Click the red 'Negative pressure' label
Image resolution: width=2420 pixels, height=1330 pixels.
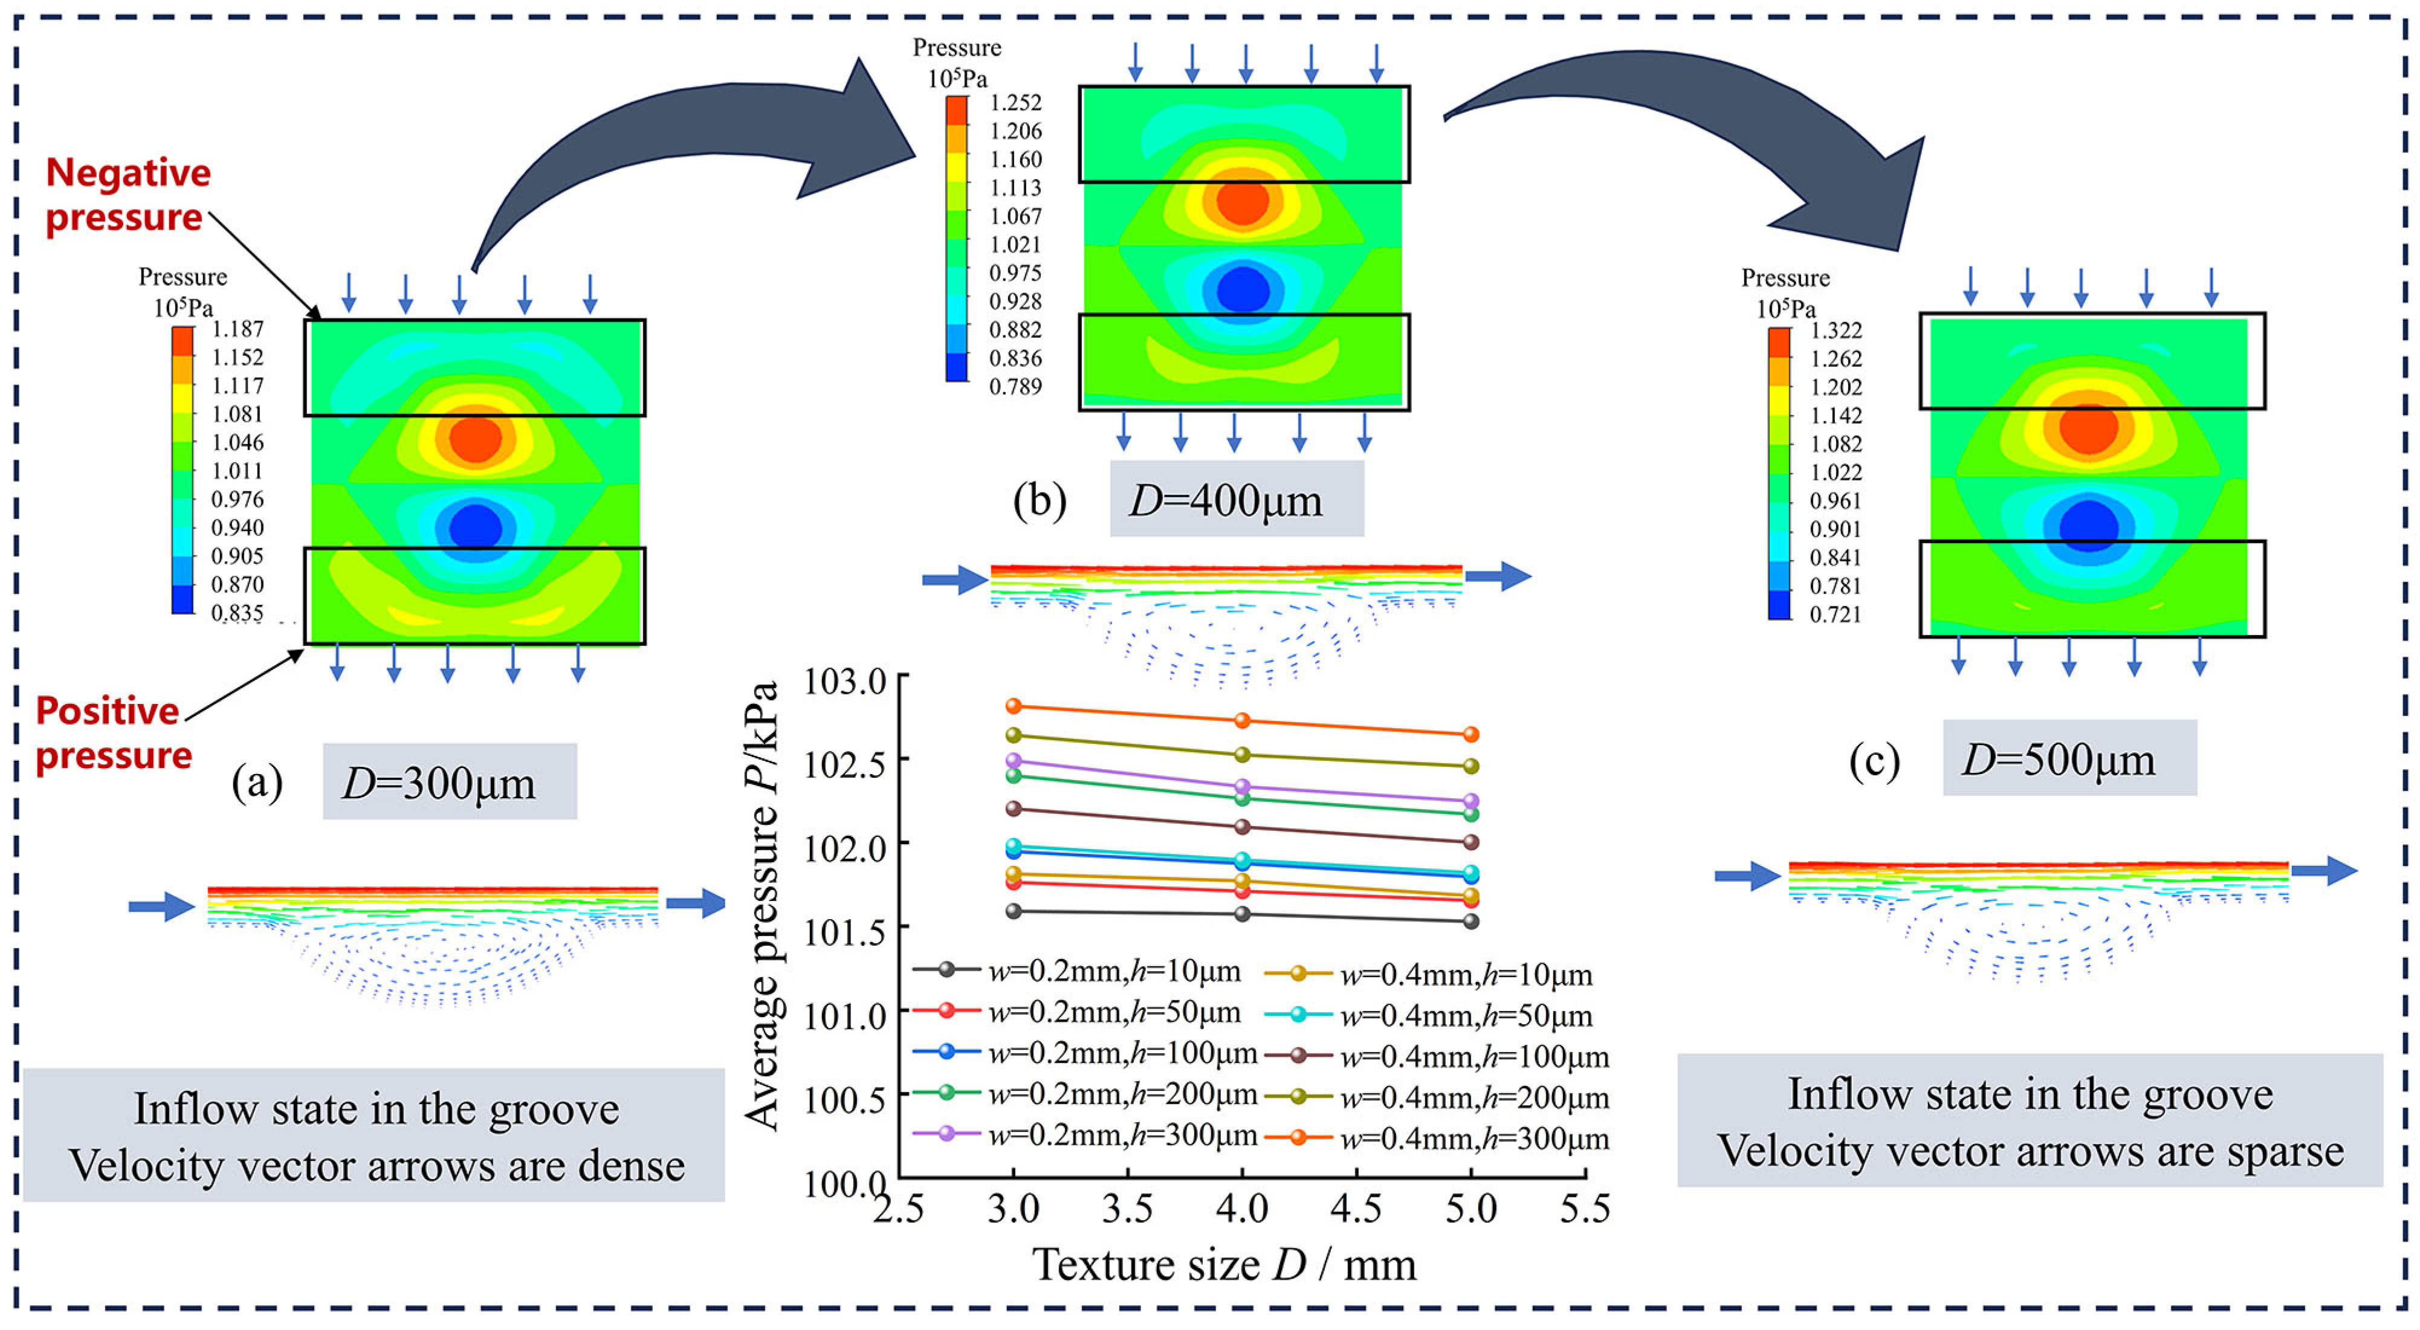127,195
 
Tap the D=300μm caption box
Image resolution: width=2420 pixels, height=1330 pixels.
449,781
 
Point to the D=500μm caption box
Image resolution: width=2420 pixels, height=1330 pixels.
2069,758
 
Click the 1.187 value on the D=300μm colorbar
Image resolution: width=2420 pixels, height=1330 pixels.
237,329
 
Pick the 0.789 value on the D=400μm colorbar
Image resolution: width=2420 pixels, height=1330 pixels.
1015,386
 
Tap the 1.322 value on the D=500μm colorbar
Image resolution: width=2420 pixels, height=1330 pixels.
1835,331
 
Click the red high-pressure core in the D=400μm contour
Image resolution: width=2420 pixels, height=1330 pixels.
1242,200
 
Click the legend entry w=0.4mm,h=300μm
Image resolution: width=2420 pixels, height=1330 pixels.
1437,1138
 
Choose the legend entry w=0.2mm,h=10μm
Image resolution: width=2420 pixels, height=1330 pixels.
1078,971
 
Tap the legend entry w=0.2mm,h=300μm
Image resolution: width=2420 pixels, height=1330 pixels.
1085,1135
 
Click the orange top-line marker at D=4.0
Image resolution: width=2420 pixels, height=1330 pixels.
1242,720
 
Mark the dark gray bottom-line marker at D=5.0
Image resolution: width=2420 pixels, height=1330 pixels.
1471,922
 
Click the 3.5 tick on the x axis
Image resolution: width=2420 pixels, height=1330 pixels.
1127,1209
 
